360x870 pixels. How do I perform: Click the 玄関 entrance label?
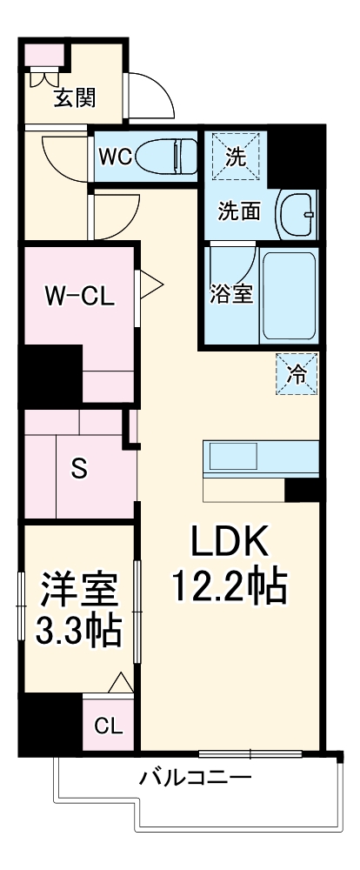[x=76, y=97]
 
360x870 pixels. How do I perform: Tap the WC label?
[x=115, y=157]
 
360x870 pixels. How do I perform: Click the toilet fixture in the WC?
[x=169, y=157]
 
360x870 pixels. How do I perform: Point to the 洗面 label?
[x=238, y=210]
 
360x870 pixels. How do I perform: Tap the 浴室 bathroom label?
[x=231, y=293]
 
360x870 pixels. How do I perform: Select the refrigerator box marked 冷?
[x=297, y=375]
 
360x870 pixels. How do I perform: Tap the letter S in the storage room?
[x=79, y=469]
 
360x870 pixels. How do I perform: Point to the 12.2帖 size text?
[x=229, y=590]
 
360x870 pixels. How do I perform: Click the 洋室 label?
[x=77, y=592]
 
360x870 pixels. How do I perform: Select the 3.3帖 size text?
[x=77, y=631]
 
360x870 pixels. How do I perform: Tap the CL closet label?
[x=109, y=725]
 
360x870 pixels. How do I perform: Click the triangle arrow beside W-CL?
[x=149, y=284]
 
